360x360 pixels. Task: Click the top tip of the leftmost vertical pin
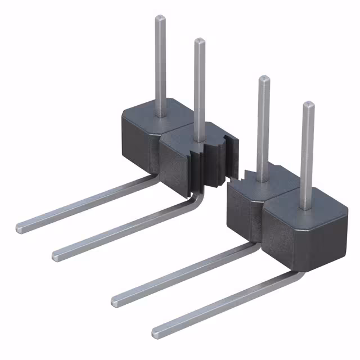tap(160, 18)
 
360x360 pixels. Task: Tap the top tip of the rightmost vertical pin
tap(308, 105)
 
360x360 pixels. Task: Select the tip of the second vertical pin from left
tap(200, 41)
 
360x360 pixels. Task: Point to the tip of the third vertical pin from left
tap(263, 79)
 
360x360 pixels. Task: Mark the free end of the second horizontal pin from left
tap(57, 255)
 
